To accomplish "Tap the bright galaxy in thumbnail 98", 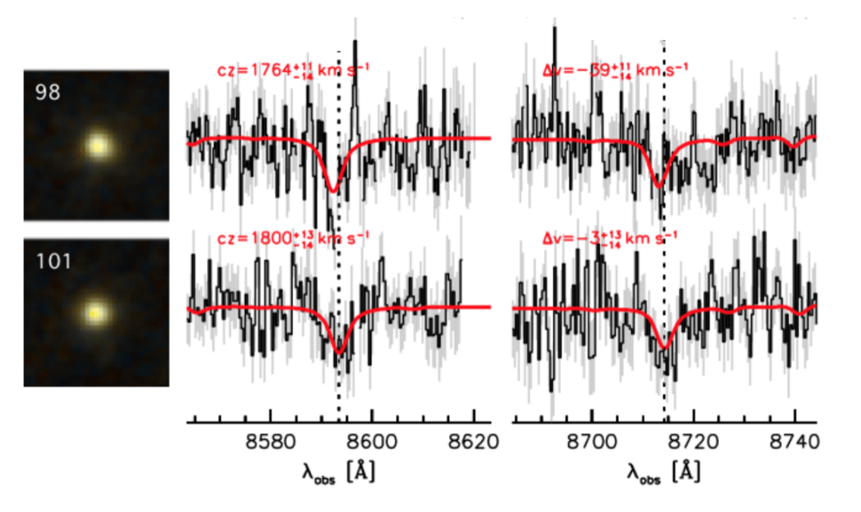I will (97, 146).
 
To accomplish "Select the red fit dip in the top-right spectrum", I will (659, 185).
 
